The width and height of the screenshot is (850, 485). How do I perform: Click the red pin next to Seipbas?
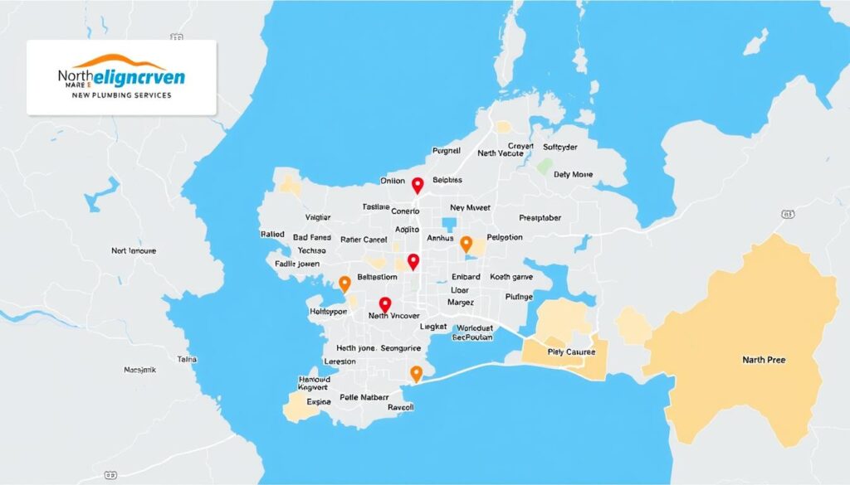point(418,185)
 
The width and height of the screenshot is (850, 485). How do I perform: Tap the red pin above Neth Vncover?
point(384,305)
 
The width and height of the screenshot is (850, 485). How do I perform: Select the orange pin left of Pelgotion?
point(466,244)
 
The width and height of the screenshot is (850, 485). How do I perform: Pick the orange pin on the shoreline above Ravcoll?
point(417,373)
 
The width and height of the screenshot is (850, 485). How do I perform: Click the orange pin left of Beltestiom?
point(344,284)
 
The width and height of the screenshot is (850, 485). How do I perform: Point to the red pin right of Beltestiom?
point(413,262)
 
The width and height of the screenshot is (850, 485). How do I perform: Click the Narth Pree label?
point(764,360)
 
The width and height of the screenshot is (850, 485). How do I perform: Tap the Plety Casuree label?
point(572,352)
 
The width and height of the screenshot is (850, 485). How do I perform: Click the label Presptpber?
point(529,218)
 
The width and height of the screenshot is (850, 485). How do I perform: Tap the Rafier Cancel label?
point(364,240)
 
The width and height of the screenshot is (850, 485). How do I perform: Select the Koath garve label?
point(511,278)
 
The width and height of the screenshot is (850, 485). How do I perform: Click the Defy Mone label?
point(574,174)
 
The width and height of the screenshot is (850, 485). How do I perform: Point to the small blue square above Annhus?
point(450,224)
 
